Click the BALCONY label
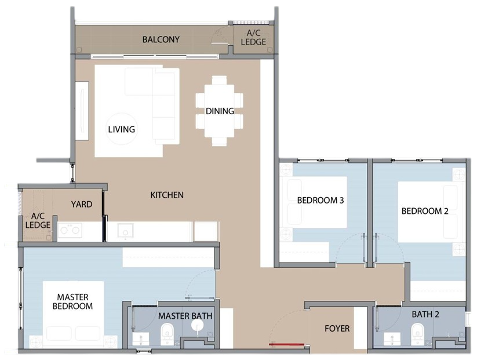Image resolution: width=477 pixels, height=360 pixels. point(161,39)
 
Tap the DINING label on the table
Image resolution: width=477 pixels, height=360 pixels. point(220,111)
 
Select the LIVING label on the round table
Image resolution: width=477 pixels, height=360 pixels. point(121,129)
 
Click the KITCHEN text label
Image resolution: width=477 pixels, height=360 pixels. point(167,195)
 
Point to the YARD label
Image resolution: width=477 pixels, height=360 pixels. point(82,204)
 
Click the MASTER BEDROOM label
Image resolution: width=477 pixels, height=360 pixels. point(72,301)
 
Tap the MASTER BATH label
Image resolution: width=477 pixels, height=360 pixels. point(185,316)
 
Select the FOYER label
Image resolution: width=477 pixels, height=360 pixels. point(337,329)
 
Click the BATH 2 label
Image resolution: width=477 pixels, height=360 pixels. point(425,314)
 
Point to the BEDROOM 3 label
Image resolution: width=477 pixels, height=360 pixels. point(321,200)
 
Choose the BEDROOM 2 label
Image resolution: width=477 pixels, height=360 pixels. point(425,211)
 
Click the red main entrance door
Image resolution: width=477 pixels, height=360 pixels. point(287,344)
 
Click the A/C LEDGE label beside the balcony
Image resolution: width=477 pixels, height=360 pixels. point(253,38)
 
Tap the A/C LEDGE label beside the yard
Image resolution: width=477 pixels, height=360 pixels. point(38,221)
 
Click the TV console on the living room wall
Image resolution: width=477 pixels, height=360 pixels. point(82,111)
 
